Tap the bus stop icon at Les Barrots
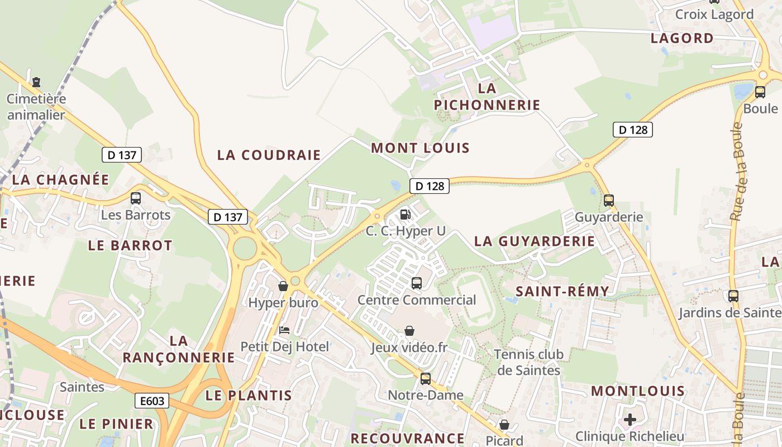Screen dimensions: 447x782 135,198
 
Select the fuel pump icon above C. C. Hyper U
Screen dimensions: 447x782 406,213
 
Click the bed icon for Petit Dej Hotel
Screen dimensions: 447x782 284,330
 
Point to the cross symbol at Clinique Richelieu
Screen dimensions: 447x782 630,419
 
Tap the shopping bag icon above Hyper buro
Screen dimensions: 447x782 283,286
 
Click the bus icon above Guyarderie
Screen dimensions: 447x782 609,200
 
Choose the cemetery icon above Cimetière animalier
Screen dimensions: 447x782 36,82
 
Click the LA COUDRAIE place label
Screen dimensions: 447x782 269,155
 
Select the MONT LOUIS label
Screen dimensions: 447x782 420,148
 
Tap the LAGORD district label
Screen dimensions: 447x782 682,39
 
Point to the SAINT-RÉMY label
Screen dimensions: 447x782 562,292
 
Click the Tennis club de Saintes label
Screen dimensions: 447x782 528,362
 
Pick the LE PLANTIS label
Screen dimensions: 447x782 249,396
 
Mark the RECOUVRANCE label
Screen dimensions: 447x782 407,438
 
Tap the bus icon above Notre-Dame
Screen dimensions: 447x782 426,378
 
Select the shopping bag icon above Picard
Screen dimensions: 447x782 504,425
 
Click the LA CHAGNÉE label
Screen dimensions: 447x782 60,179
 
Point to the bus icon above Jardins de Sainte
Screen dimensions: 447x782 733,296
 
